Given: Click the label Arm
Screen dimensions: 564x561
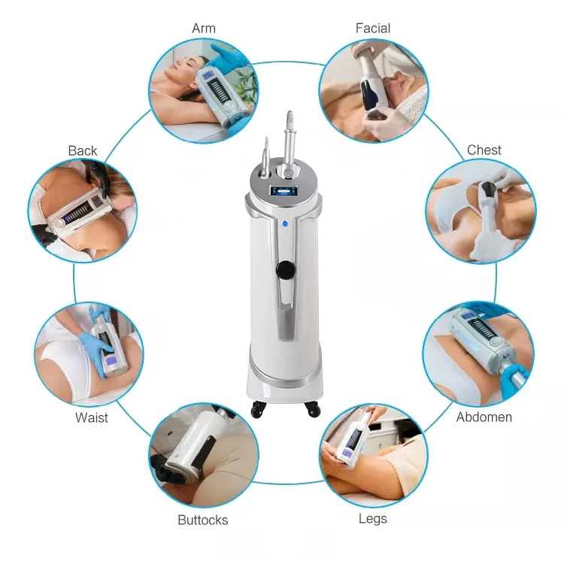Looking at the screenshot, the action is pos(204,28).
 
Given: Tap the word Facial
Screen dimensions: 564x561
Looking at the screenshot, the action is pos(373,28).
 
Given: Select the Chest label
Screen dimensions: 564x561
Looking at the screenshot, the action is pos(484,150).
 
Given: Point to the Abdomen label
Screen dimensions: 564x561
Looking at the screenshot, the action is pos(484,417).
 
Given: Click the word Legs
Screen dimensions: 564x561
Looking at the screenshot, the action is pos(373,519).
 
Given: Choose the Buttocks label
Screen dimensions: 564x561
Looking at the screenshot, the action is pos(203,520).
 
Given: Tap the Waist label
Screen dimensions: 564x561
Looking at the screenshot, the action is pos(91,417).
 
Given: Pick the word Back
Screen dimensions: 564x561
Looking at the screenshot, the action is pos(83,150).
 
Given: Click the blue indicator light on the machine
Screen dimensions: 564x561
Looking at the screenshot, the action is pos(285,223).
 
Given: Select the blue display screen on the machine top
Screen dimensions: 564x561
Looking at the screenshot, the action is pos(284,191).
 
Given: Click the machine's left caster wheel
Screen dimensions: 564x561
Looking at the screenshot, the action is pos(258,409).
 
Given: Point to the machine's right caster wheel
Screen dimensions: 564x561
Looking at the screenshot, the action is pos(312,409).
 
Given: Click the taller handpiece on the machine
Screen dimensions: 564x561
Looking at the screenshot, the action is pos(289,144).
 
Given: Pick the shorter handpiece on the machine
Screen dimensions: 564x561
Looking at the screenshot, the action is pos(265,157).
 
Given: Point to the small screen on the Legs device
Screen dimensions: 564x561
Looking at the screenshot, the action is pos(347,453).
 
